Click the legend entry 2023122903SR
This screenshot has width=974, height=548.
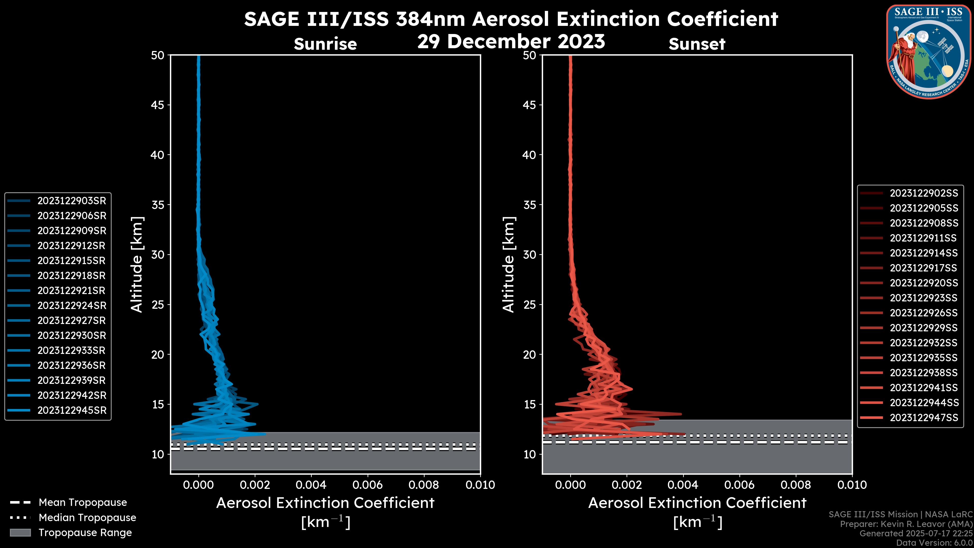click(x=72, y=201)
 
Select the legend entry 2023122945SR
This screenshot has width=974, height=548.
click(x=72, y=410)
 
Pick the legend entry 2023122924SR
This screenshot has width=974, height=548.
click(x=72, y=305)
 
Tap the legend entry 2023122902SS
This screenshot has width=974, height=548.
click(x=924, y=193)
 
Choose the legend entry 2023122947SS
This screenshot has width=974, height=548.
click(x=924, y=418)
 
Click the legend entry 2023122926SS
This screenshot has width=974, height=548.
click(x=924, y=313)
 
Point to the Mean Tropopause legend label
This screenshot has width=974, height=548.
click(x=82, y=502)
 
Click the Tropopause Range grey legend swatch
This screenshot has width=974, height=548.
click(x=20, y=533)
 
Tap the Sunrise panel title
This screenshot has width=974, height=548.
click(x=325, y=44)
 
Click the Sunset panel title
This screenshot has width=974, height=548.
click(x=697, y=44)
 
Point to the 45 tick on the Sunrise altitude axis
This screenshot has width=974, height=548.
click(x=158, y=105)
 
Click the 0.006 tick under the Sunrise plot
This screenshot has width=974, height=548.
click(x=368, y=485)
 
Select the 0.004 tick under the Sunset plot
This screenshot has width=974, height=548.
click(x=683, y=485)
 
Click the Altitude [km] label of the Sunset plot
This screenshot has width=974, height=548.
click(x=509, y=264)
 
